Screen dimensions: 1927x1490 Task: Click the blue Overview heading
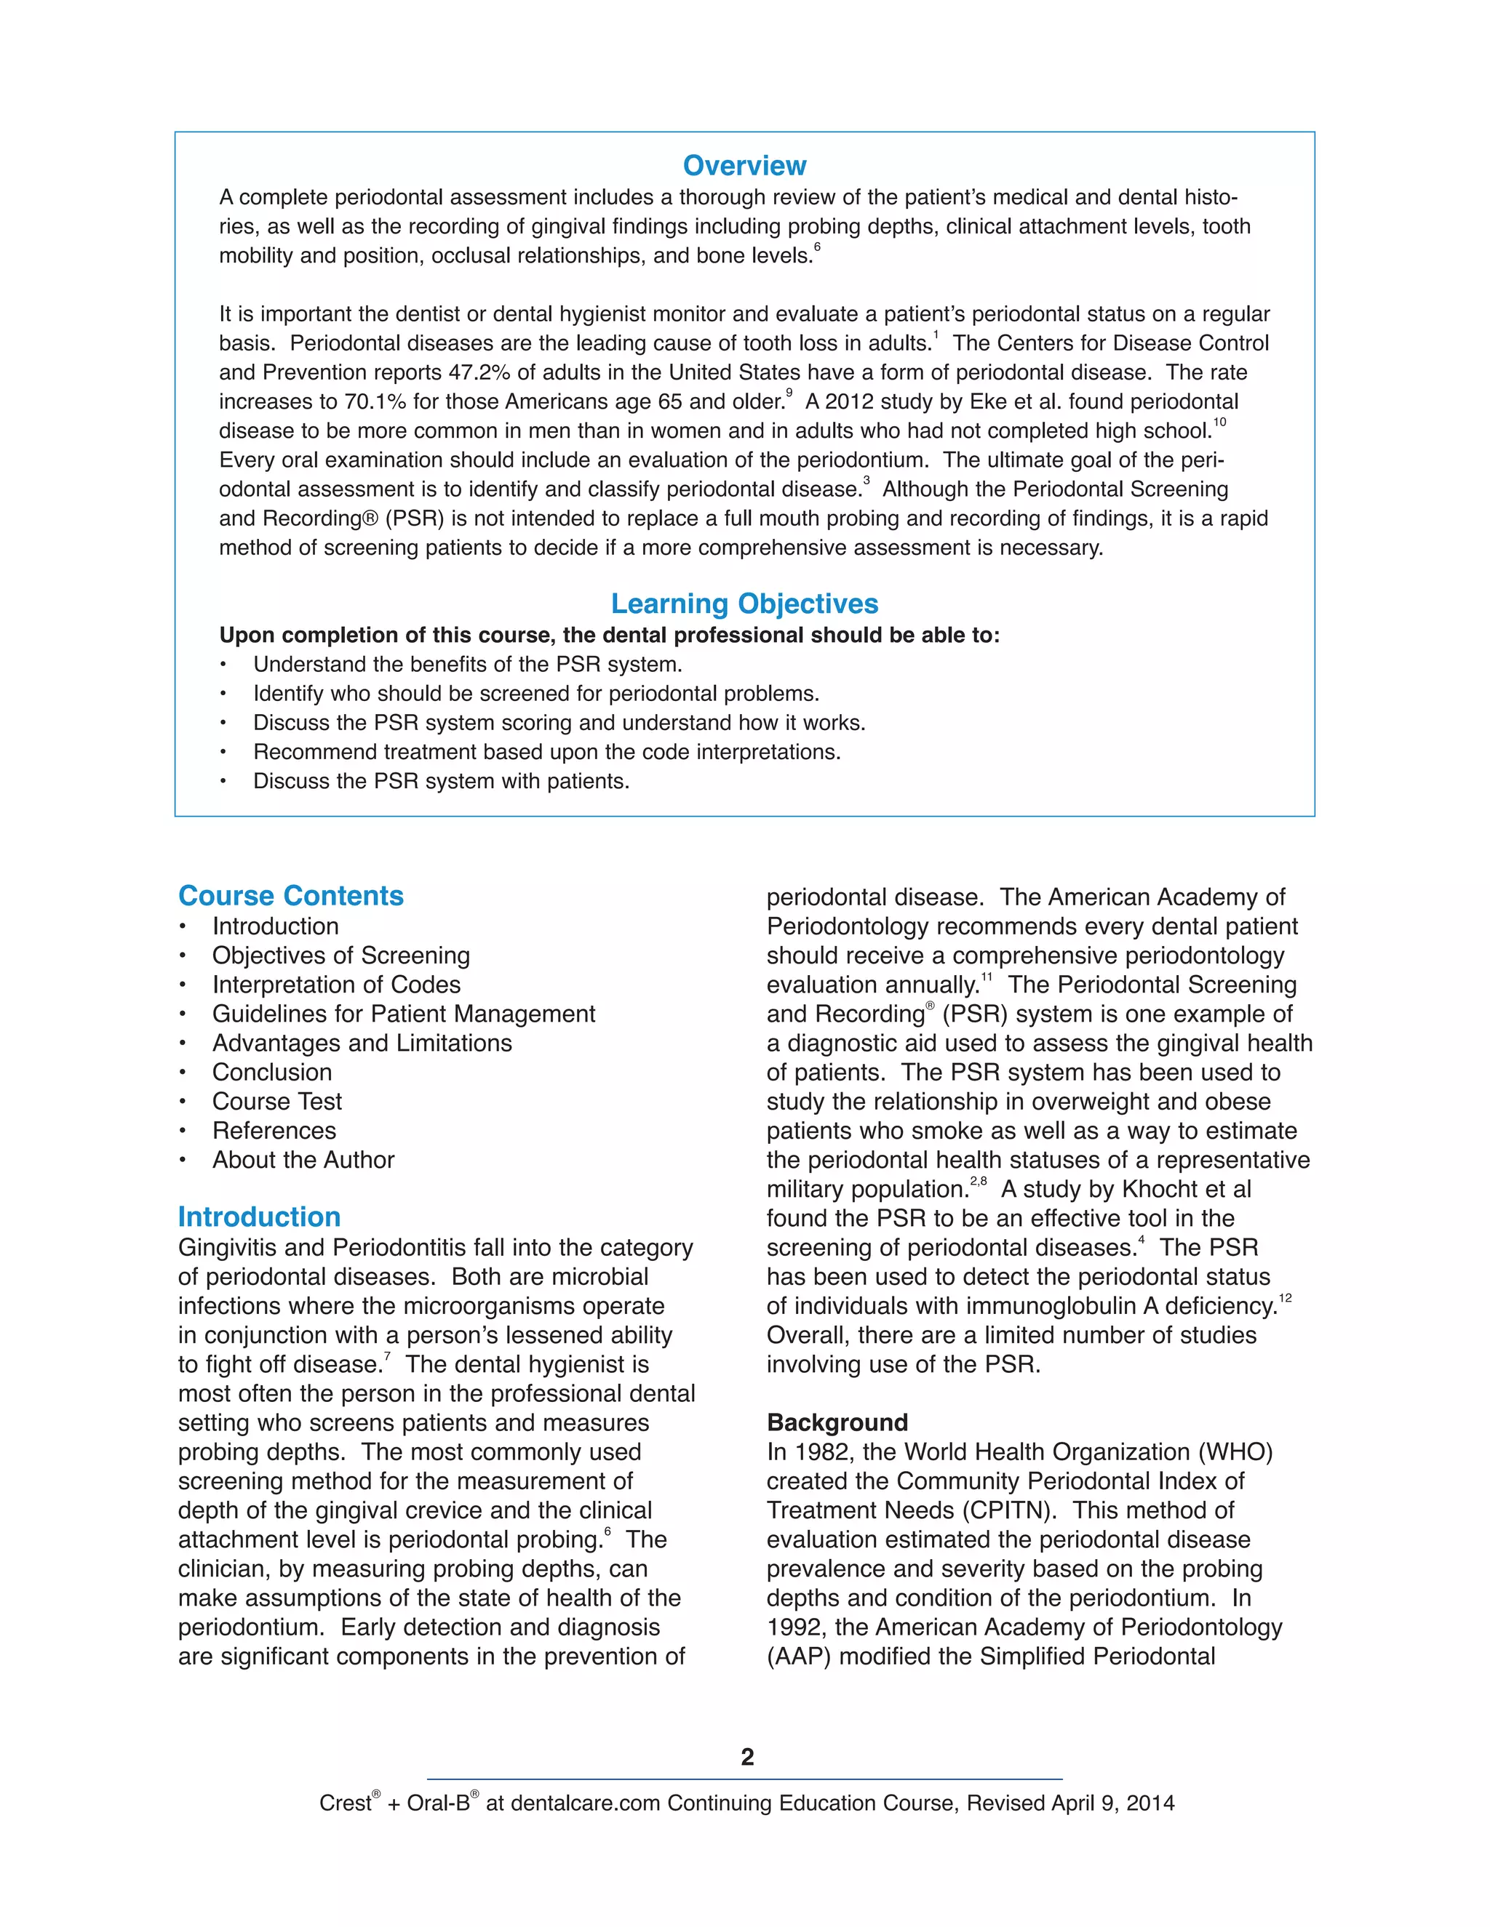pos(744,166)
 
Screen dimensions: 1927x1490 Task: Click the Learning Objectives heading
pos(744,604)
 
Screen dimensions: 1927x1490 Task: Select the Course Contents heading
pos(290,896)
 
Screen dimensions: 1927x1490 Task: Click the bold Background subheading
pos(837,1422)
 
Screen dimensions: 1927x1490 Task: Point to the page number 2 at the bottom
pos(746,1757)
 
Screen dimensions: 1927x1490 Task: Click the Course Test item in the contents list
pos(276,1101)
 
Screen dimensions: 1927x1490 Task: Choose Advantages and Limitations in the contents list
pos(361,1043)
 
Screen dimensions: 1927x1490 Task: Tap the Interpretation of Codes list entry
pos(335,985)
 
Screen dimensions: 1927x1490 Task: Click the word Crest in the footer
pos(344,1803)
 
